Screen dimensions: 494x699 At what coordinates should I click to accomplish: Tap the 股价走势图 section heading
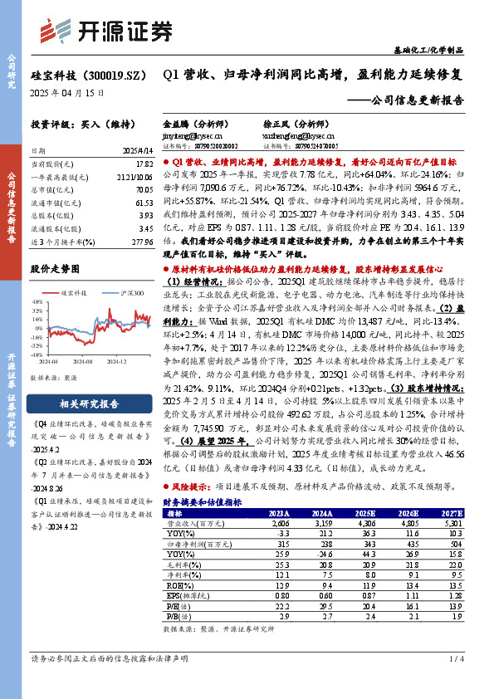55,269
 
